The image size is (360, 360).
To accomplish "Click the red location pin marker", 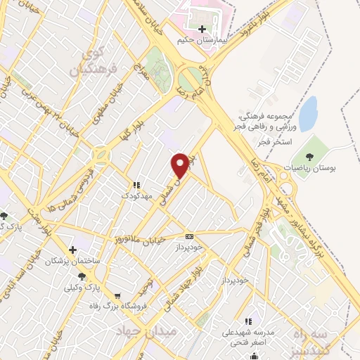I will point(181,165).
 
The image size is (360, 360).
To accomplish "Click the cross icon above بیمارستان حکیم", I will point(202,29).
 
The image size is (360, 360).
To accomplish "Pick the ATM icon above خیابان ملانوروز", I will point(188,236).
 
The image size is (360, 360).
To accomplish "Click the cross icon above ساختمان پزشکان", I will point(72,250).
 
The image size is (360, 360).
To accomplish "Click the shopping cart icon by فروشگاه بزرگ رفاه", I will point(117,295).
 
